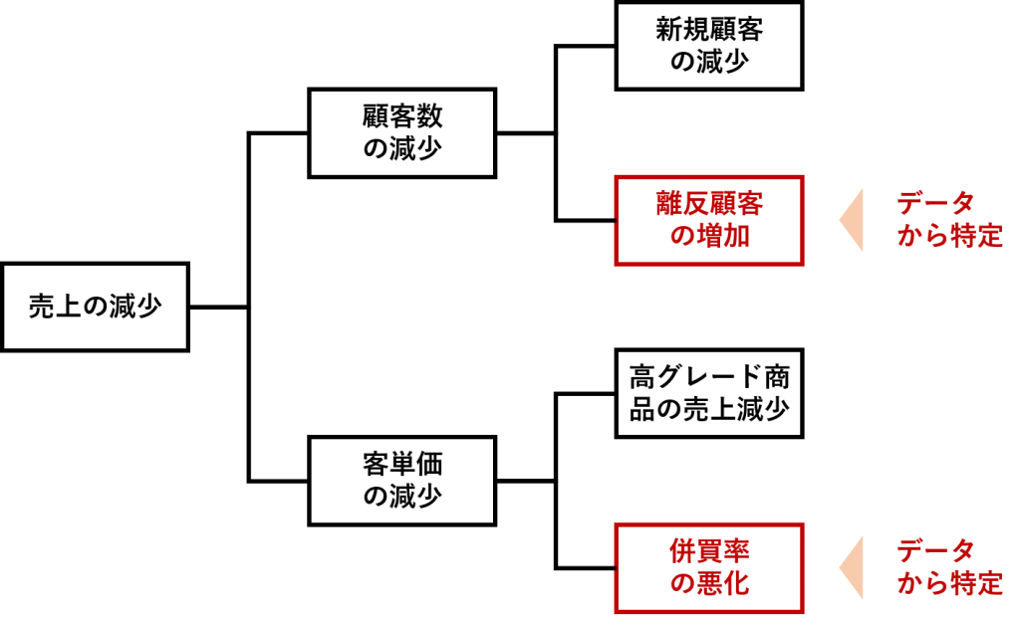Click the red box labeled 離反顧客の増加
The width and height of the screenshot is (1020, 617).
click(x=708, y=220)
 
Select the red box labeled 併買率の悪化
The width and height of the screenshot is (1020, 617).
click(x=708, y=567)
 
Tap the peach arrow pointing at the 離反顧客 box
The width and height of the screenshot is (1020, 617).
click(x=853, y=220)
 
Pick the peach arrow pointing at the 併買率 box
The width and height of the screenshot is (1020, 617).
click(x=853, y=567)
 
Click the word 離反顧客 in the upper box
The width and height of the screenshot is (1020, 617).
click(x=709, y=203)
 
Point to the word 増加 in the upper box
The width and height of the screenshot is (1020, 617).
click(x=723, y=237)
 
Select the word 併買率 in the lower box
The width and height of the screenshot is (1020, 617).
click(x=709, y=550)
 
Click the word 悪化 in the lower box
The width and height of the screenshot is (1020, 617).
click(x=723, y=584)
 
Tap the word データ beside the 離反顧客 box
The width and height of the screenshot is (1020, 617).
click(x=934, y=203)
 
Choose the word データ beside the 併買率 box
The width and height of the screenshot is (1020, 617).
click(x=934, y=550)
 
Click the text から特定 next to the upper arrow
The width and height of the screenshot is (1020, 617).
click(x=949, y=237)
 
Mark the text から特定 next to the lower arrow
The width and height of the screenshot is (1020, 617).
click(x=949, y=584)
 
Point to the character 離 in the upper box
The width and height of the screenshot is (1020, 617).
click(x=668, y=203)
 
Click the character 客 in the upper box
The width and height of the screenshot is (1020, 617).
click(x=750, y=203)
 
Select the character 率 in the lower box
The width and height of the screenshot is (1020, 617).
click(x=736, y=550)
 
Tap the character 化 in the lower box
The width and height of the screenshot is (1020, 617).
click(x=736, y=584)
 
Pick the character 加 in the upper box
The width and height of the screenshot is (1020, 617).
click(x=736, y=237)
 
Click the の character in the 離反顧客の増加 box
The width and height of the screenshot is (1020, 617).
click(x=681, y=237)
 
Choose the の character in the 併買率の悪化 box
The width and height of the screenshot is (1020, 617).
click(x=681, y=584)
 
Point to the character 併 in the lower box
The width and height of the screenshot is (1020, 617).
click(x=682, y=550)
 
